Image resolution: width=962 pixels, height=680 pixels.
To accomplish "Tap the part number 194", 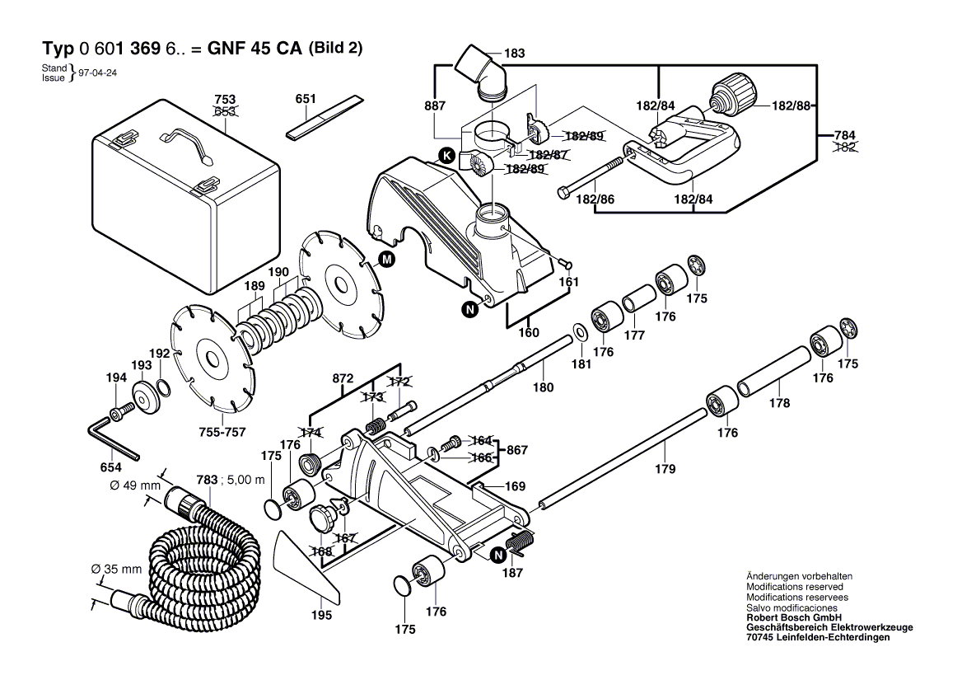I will (116, 378).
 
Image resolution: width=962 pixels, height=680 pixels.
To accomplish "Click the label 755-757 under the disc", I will (222, 432).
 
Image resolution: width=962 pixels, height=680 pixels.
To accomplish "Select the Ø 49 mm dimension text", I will (135, 485).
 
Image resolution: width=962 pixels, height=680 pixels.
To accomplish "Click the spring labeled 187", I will (520, 545).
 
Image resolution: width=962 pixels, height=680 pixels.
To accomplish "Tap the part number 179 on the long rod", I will (665, 469).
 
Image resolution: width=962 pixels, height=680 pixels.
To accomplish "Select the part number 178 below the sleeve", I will (779, 403).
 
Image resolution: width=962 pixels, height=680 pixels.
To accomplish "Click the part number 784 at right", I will (845, 134).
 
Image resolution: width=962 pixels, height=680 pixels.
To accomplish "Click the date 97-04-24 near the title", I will (98, 73).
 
